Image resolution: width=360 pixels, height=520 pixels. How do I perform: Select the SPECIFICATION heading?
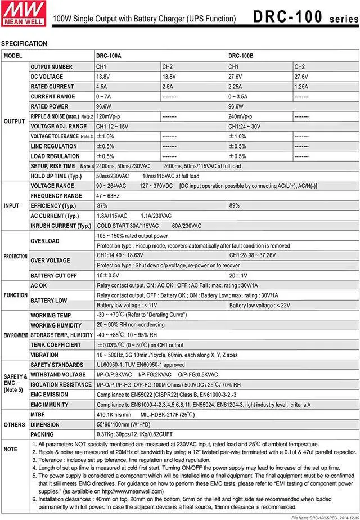(x=24, y=44)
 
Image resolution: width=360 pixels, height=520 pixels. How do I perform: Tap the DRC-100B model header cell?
(x=240, y=56)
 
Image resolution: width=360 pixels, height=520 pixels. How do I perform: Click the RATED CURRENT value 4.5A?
(x=102, y=87)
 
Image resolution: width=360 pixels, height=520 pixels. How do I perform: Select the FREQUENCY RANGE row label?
(x=56, y=196)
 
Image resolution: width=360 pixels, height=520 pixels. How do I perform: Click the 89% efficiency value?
(x=235, y=206)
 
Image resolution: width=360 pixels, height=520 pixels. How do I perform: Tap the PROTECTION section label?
(x=15, y=256)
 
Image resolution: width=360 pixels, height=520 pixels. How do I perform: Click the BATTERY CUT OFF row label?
(x=53, y=276)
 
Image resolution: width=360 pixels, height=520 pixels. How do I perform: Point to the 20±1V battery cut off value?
(x=238, y=276)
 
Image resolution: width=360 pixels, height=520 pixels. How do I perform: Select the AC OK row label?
(x=40, y=285)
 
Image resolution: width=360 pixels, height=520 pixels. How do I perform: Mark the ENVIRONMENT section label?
(x=15, y=335)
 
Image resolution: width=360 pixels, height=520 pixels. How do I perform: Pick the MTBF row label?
(x=38, y=414)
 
